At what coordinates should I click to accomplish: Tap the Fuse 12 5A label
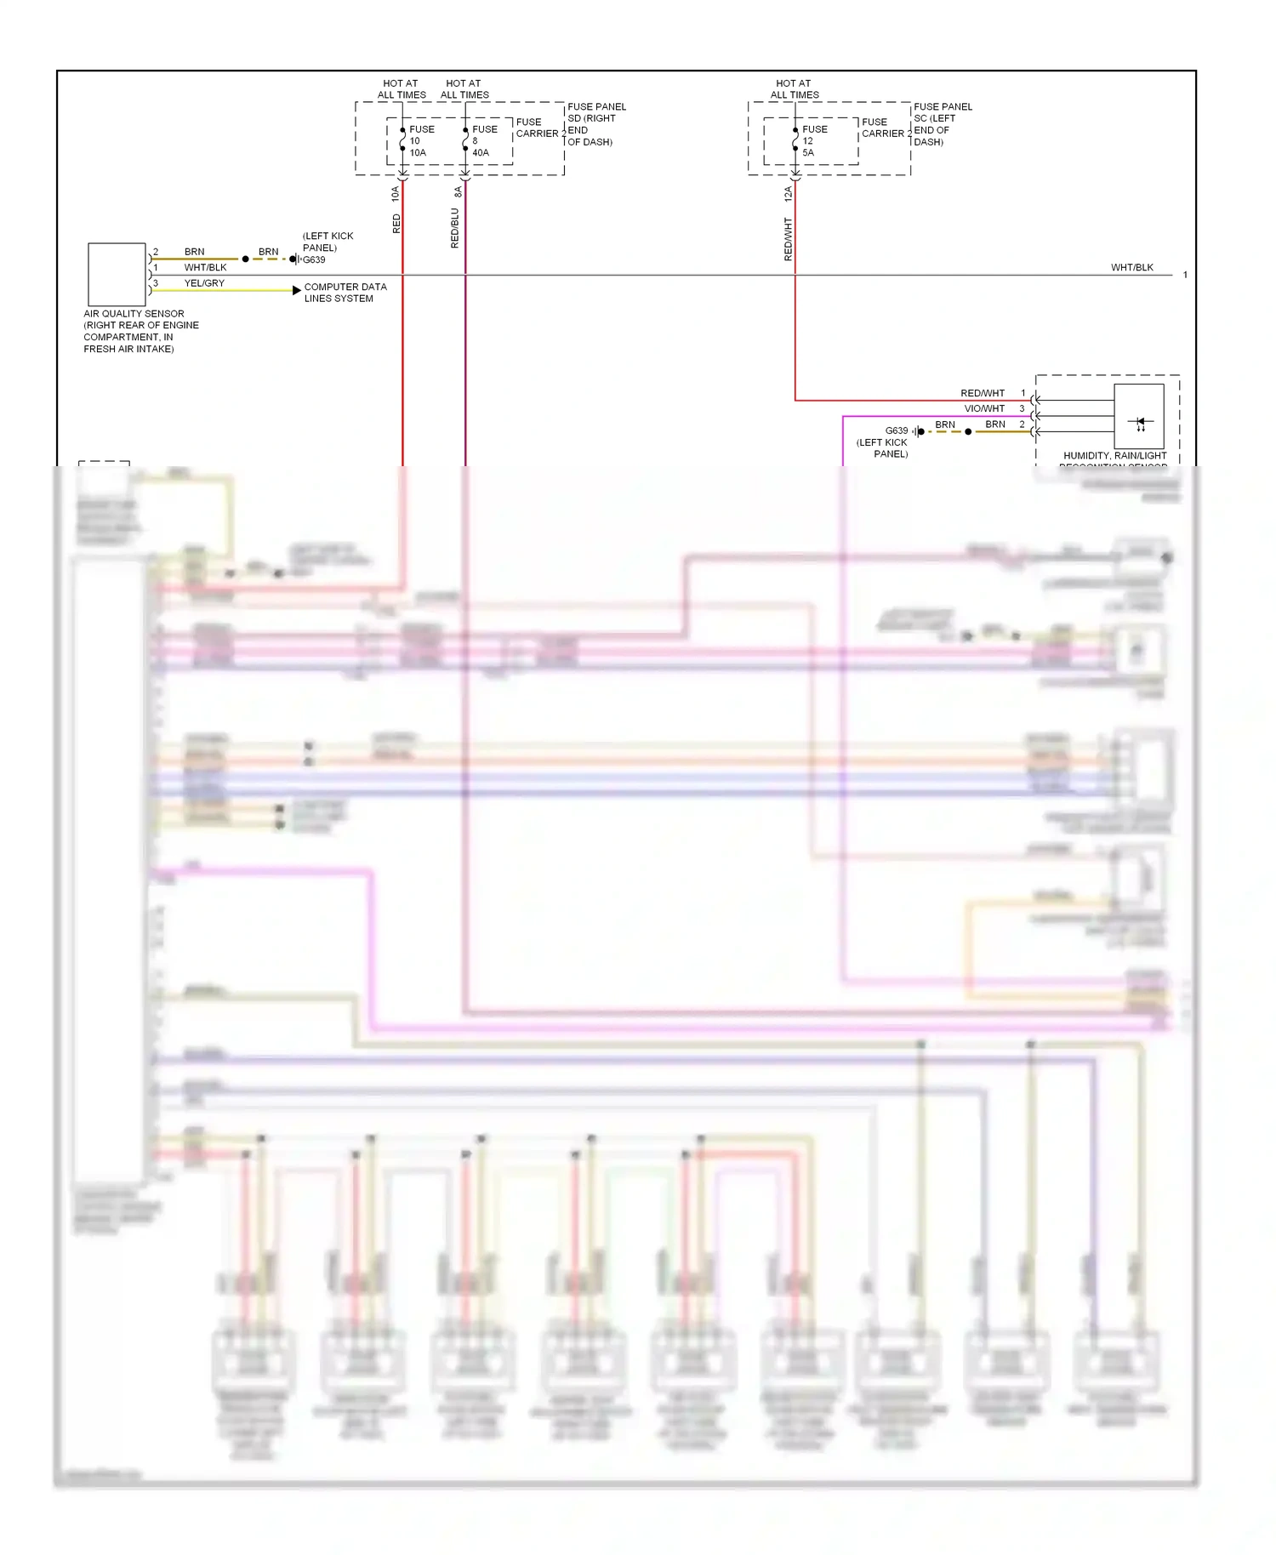coord(813,141)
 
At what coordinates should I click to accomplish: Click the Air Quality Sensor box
coord(117,274)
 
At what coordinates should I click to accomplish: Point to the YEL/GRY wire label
coord(204,283)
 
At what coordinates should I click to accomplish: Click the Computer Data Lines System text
coord(345,293)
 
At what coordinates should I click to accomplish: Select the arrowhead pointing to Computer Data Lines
coord(296,290)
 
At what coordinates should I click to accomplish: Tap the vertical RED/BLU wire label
coord(455,228)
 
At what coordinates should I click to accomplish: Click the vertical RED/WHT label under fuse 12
coord(789,238)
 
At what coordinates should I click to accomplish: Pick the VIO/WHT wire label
coord(984,408)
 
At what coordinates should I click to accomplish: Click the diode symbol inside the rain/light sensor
coord(1140,422)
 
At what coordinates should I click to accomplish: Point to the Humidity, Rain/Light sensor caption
coord(1114,457)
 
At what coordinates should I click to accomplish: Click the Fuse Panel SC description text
coord(942,124)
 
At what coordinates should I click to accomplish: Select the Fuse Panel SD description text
coord(595,124)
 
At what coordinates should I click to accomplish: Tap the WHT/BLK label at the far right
coord(1131,267)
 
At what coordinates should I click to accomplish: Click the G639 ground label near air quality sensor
coord(314,260)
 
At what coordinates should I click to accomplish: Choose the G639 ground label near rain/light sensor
coord(896,430)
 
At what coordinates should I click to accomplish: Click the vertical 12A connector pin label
coord(789,194)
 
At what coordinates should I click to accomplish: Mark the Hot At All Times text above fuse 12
coord(794,89)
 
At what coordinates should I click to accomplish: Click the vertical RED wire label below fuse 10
coord(396,224)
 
